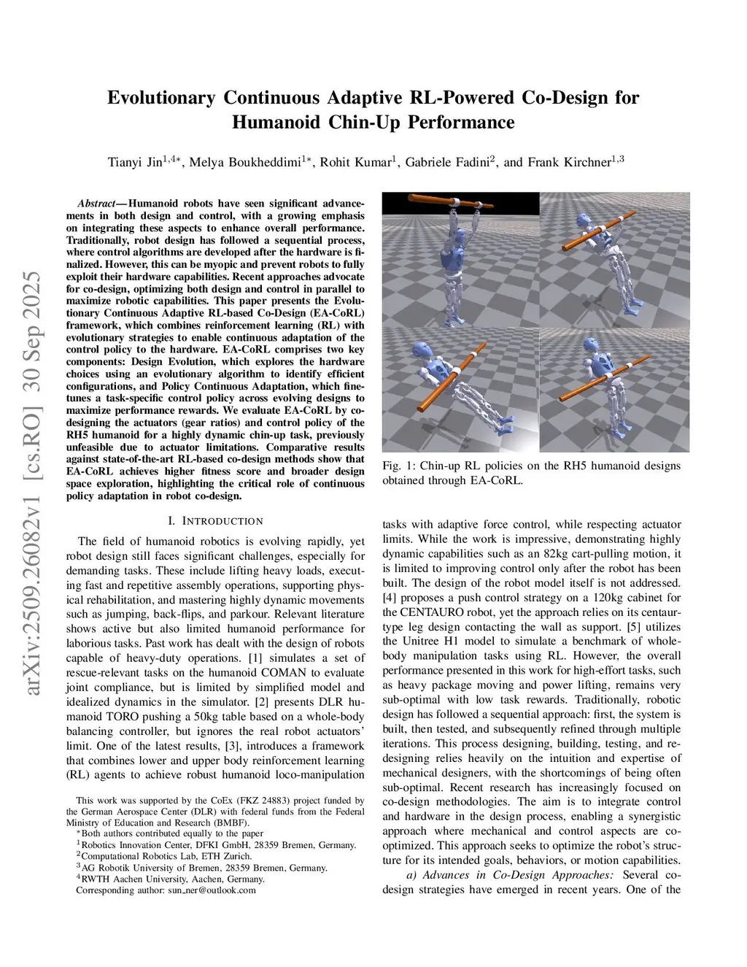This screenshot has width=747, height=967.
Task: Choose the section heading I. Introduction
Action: tap(215, 521)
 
